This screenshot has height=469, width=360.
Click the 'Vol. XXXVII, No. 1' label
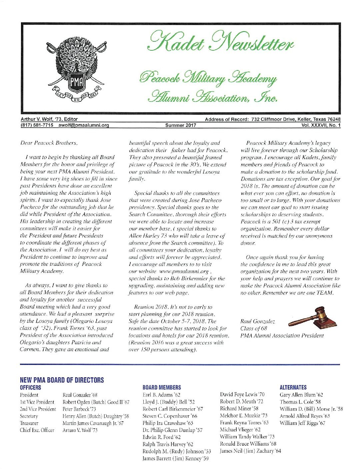click(x=320, y=125)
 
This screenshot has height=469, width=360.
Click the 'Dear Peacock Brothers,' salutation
click(x=49, y=143)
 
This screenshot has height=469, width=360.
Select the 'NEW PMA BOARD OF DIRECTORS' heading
click(x=62, y=380)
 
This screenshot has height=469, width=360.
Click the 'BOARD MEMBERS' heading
click(x=162, y=387)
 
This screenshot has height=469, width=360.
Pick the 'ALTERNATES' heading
click(x=293, y=387)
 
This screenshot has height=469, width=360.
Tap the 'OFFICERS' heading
click(x=31, y=387)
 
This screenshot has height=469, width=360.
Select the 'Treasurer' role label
click(x=29, y=423)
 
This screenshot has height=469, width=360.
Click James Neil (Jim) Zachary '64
click(x=250, y=451)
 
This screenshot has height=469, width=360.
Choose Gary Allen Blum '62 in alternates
click(x=301, y=395)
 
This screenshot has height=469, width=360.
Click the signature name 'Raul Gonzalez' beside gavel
click(x=257, y=321)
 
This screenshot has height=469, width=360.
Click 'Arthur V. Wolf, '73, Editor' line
click(x=49, y=119)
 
